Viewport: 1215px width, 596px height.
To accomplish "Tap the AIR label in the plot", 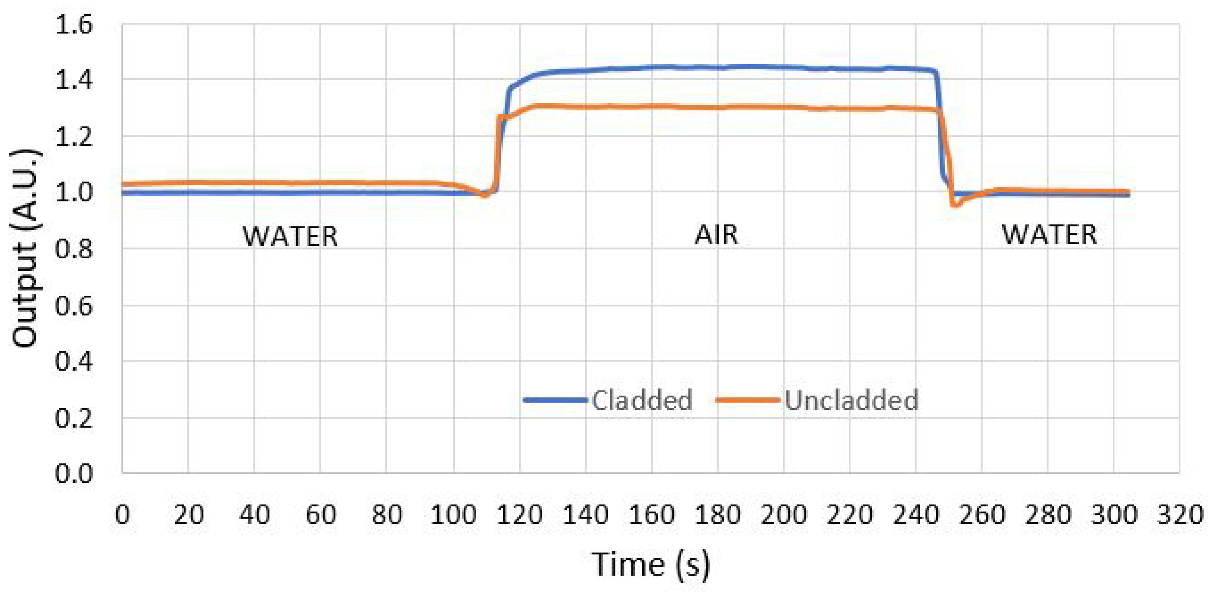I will (x=716, y=235).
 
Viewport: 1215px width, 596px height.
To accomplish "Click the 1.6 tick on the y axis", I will (x=74, y=25).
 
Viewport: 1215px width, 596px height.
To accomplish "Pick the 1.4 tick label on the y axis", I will (x=74, y=80).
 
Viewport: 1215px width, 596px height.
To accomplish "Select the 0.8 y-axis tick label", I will (x=74, y=249).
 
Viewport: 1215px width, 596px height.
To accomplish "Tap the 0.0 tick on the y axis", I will (x=74, y=473).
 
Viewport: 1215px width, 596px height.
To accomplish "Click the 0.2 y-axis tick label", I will (x=74, y=418).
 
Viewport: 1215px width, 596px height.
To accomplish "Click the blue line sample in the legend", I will (x=555, y=400).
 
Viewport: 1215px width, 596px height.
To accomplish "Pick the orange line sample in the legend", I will (x=748, y=400).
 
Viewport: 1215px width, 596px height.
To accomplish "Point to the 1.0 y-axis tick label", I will (x=74, y=193).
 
